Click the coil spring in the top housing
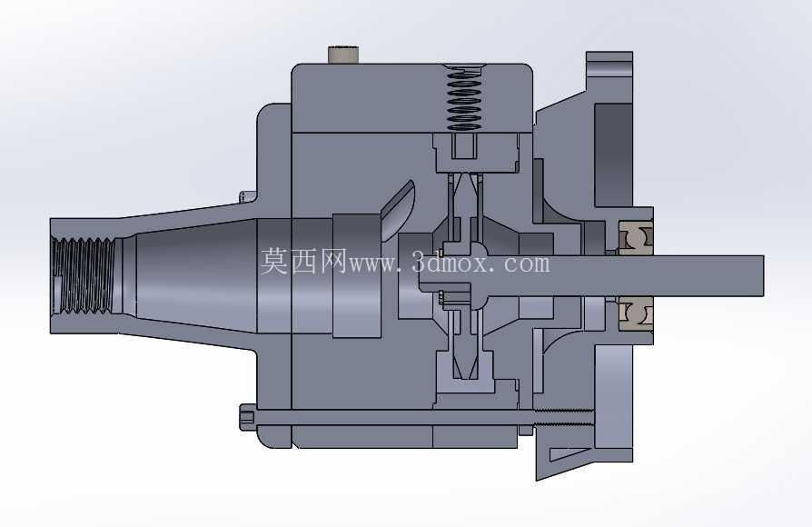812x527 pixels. [463, 97]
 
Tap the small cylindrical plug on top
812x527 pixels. [343, 55]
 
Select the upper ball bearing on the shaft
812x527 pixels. [636, 238]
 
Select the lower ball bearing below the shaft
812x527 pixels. [636, 314]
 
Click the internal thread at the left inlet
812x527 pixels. [84, 275]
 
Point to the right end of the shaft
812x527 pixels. [763, 275]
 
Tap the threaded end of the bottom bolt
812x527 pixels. [563, 417]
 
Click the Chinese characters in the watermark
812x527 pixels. [303, 261]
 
